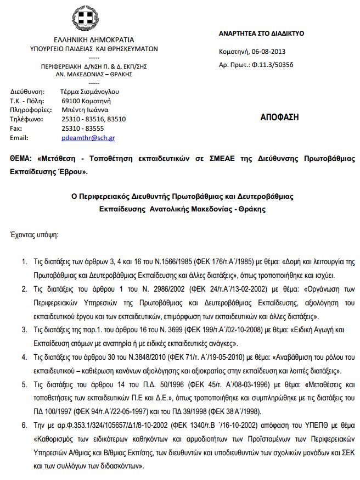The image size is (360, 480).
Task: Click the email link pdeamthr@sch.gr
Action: coord(88,138)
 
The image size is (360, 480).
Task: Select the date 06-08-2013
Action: coord(268,52)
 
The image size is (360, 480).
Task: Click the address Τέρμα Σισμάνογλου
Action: coord(89,92)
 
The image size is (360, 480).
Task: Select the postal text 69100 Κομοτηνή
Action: coord(86,101)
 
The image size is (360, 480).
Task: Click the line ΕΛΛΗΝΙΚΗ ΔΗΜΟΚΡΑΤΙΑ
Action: coord(94,40)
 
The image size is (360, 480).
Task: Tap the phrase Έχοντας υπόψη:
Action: coord(34,235)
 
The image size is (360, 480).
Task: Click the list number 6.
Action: coord(24,425)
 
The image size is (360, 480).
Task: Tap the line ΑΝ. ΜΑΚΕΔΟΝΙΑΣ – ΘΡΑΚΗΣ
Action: coord(94,74)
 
